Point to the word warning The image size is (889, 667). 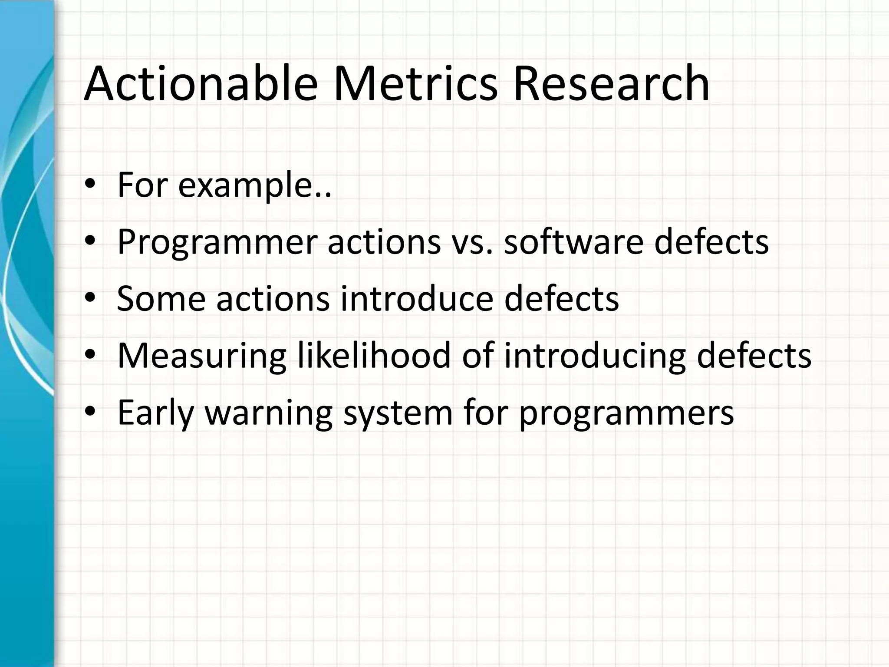(x=269, y=414)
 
